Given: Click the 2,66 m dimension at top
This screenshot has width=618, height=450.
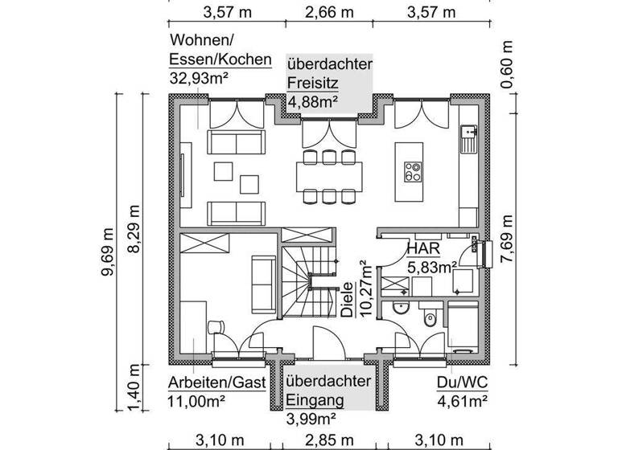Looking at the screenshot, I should click(331, 12).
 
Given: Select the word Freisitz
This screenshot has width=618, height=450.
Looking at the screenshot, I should click(313, 82).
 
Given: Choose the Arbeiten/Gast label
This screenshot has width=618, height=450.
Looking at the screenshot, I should click(216, 382).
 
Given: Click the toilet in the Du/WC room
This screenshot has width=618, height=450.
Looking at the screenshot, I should click(428, 319).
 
